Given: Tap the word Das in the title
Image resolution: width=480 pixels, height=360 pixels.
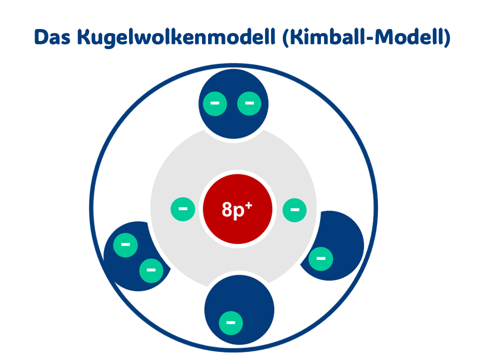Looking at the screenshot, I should [x=53, y=38].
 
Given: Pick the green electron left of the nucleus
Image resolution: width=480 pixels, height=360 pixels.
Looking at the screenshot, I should [x=183, y=209].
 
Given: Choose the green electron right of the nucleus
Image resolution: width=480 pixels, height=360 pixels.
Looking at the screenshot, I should [x=294, y=209].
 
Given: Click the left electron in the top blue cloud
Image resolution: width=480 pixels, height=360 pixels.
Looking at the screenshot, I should [x=214, y=103].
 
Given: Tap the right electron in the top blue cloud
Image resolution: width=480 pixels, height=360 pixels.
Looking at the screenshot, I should [x=248, y=103].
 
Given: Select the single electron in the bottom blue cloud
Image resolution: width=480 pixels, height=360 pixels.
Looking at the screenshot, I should [x=231, y=322].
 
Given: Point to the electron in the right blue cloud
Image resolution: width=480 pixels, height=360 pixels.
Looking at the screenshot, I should [x=320, y=258].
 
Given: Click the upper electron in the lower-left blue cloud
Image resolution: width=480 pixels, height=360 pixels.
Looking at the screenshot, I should [x=125, y=245].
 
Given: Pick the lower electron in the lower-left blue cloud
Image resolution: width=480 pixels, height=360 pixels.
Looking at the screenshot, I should [x=150, y=270].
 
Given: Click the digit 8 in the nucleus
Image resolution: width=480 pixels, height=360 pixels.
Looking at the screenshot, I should [x=227, y=210].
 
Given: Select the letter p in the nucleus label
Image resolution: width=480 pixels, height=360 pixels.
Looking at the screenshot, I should [x=240, y=211].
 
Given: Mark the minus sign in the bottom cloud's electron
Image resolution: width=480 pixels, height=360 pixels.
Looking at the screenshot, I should [x=231, y=322].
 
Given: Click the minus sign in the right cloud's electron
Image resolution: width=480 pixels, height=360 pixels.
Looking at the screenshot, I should [x=320, y=258].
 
